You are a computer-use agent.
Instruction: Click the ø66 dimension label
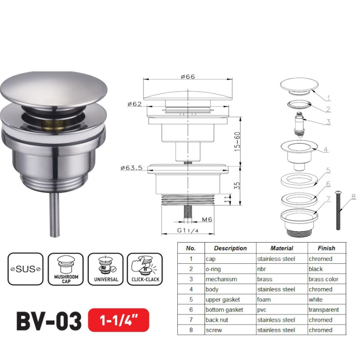pyautogui.click(x=188, y=77)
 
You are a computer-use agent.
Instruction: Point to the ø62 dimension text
pyautogui.click(x=135, y=104)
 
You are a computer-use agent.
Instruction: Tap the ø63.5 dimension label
pyautogui.click(x=131, y=168)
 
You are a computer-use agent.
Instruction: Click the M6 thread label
pyautogui.click(x=207, y=220)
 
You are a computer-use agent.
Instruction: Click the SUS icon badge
pyautogui.click(x=25, y=269)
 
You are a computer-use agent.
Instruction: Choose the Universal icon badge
pyautogui.click(x=105, y=269)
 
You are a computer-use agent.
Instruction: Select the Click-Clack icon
pyautogui.click(x=145, y=269)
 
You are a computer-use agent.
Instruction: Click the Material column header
pyautogui.click(x=282, y=248)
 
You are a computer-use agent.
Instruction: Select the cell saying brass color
pyautogui.click(x=324, y=279)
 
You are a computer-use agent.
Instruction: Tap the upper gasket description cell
pyautogui.click(x=223, y=299)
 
